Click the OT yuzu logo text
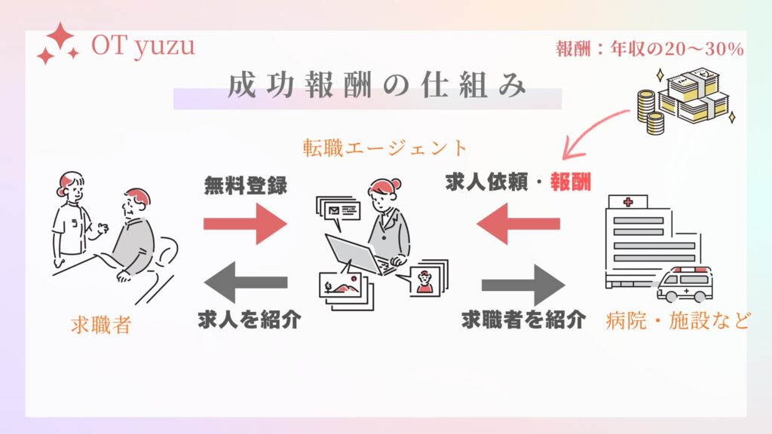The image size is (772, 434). coord(142,47)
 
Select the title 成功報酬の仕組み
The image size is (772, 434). coord(376,86)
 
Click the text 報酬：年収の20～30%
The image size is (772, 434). coord(649,49)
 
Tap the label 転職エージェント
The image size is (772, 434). coord(384,147)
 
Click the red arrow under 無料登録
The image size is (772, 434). coord(245,224)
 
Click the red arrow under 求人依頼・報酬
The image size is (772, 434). coord(519,224)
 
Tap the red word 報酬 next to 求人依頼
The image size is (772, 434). coord(570,182)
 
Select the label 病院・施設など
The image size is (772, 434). coord(678,322)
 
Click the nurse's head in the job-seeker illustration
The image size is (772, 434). coord(70,184)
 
